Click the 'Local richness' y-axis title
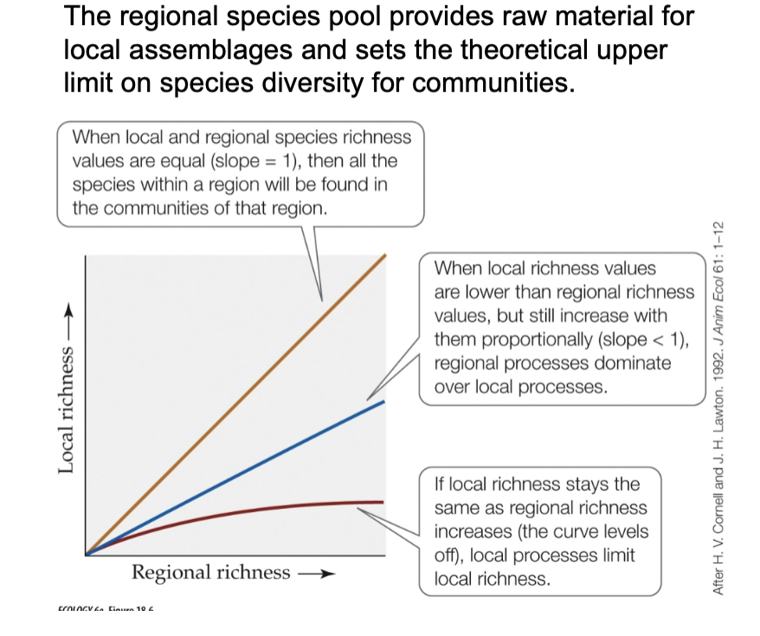coord(66,406)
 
